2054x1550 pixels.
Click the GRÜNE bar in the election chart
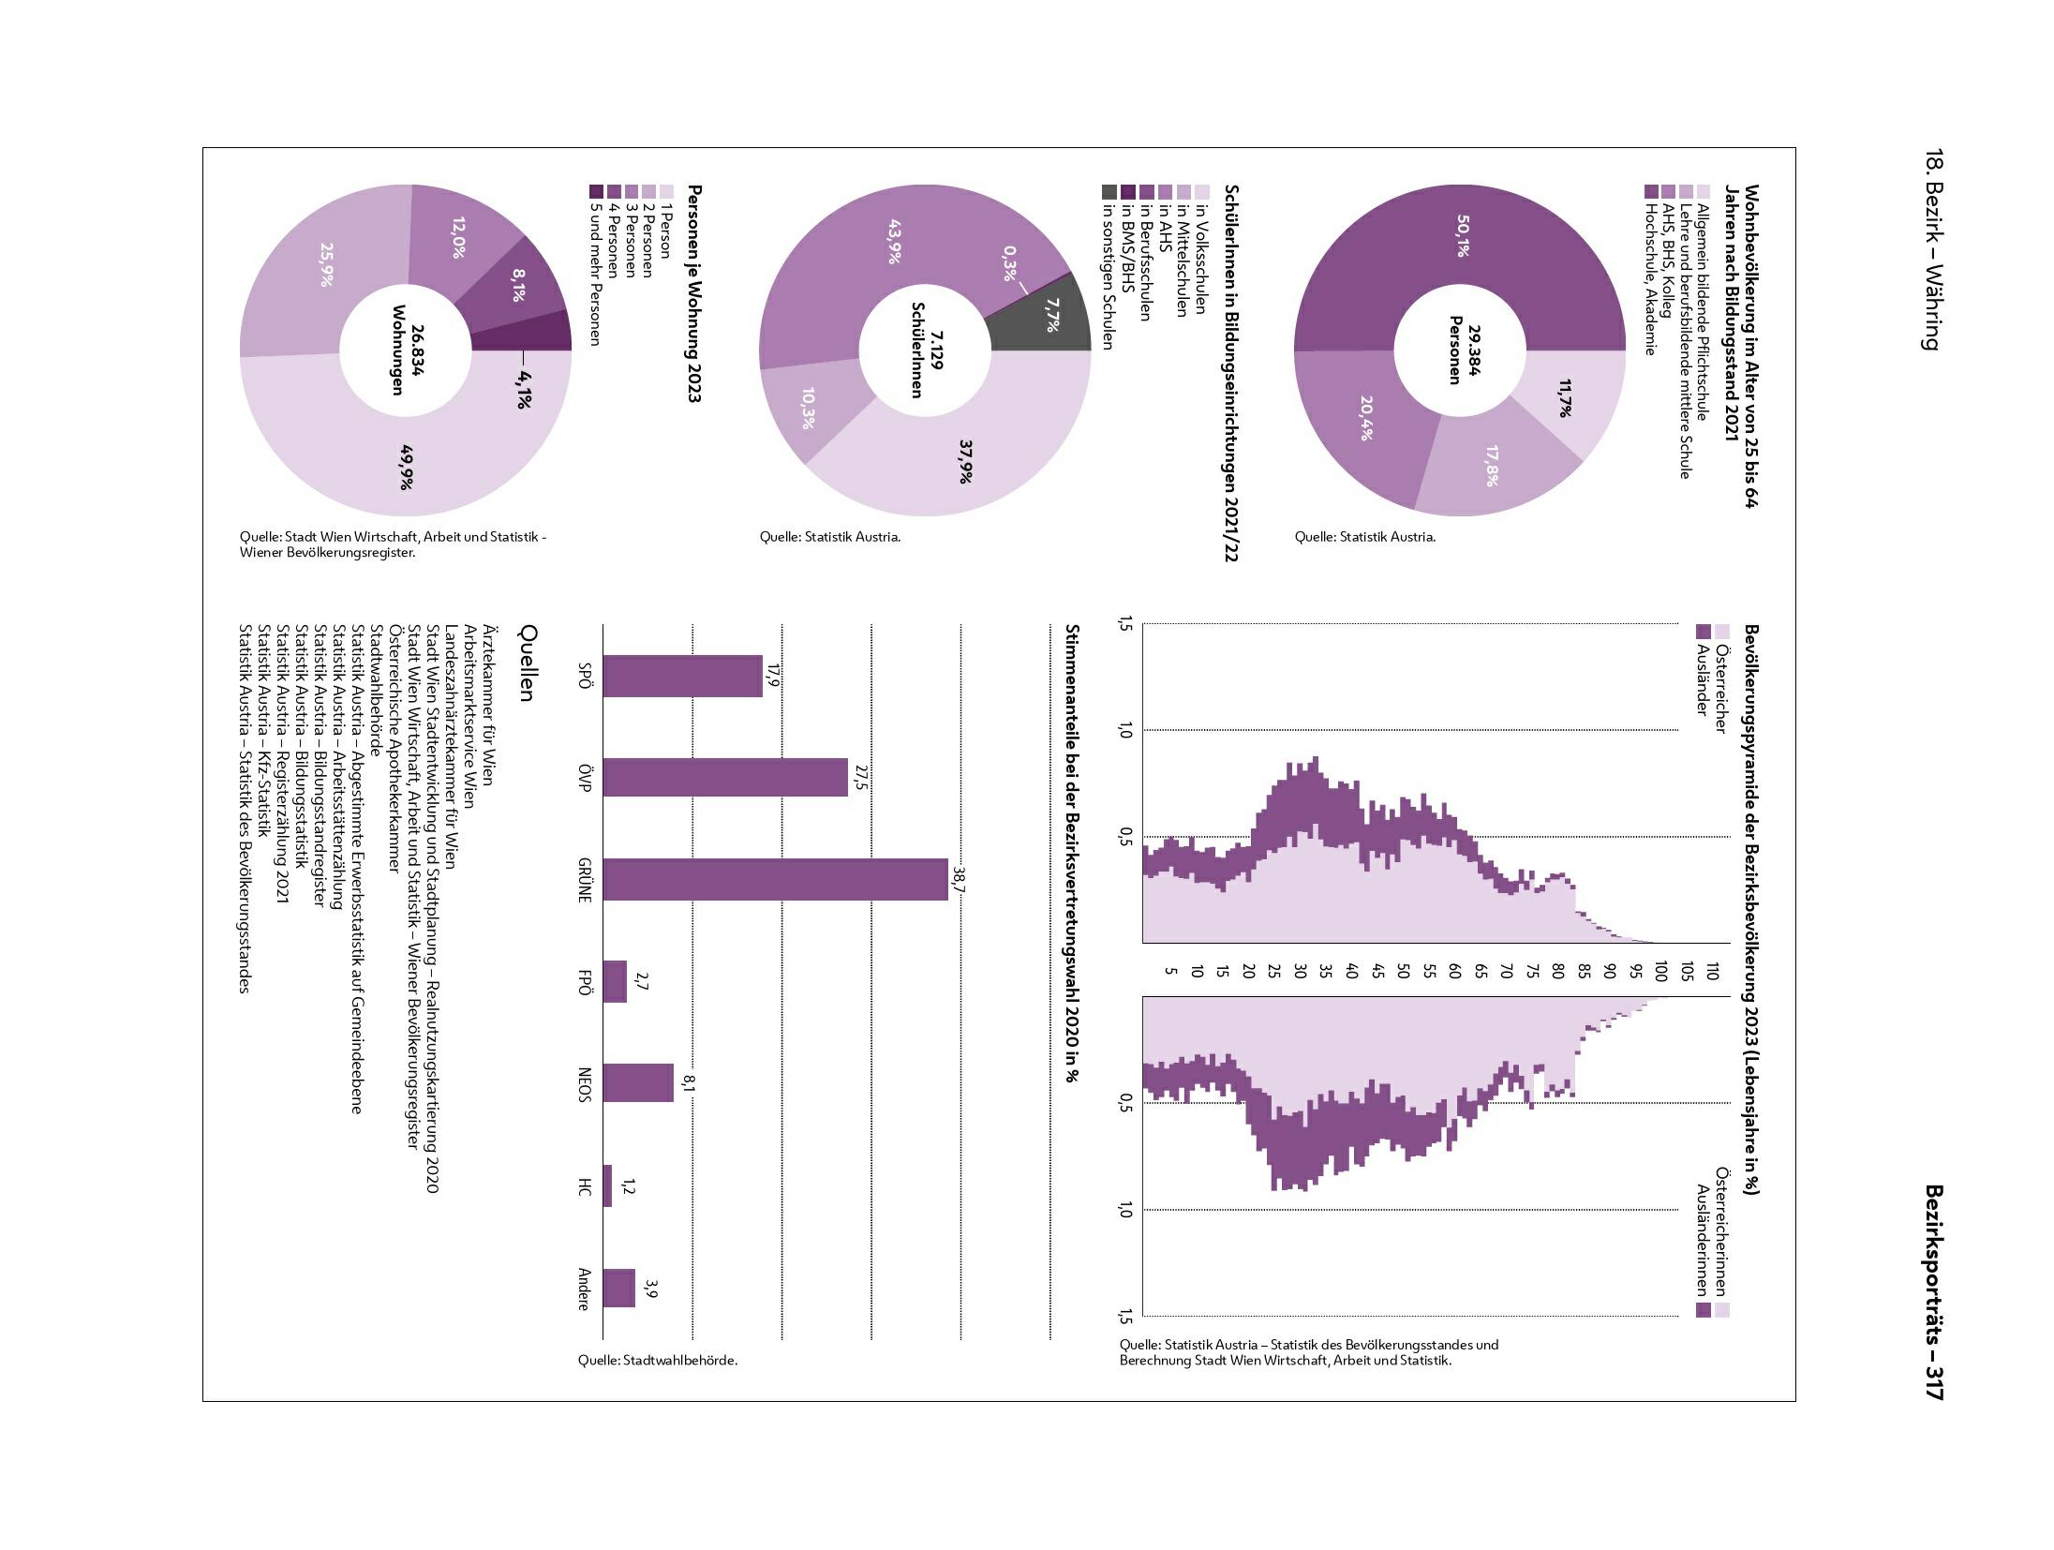[775, 880]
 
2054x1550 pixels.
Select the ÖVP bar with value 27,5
[724, 777]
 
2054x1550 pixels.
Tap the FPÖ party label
[585, 981]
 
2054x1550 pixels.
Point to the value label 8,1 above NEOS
[689, 1083]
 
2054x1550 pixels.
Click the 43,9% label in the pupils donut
[891, 241]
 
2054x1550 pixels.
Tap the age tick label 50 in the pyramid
[1404, 971]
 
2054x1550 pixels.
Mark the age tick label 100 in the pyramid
[1661, 971]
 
